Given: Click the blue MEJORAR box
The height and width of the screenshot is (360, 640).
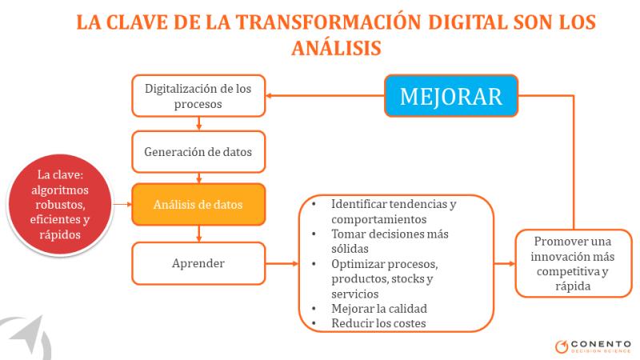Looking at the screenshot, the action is pos(451,96).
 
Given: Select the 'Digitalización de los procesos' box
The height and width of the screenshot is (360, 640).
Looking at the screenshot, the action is pos(198,96).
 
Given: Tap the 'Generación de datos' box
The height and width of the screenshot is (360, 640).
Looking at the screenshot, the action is pos(198,152).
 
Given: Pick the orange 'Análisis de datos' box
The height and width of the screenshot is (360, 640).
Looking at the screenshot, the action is pos(198,204).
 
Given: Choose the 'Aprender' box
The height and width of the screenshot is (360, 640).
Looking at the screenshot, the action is pos(198,263).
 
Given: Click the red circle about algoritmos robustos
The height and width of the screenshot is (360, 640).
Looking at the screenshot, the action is pos(59,205).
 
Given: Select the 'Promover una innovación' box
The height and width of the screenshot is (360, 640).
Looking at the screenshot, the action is pos(573,263).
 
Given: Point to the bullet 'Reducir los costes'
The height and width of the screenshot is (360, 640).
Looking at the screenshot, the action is pos(378,323).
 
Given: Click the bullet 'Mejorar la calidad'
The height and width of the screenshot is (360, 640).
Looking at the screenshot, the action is pos(379,309).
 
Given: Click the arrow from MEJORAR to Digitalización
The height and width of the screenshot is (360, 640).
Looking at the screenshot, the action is pos(325,96).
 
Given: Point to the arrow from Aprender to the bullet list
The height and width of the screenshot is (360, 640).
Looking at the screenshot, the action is pos(282,264).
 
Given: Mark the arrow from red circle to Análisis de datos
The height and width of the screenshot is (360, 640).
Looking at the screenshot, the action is pos(122,204).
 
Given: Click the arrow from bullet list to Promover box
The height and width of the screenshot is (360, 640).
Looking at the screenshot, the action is pos(505,264).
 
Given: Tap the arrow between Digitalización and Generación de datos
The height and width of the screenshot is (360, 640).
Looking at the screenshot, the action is pos(198,124).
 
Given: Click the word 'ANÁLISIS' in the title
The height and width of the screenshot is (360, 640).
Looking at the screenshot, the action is pos(336,48).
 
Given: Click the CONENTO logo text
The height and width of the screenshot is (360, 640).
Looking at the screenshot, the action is pos(601,344).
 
